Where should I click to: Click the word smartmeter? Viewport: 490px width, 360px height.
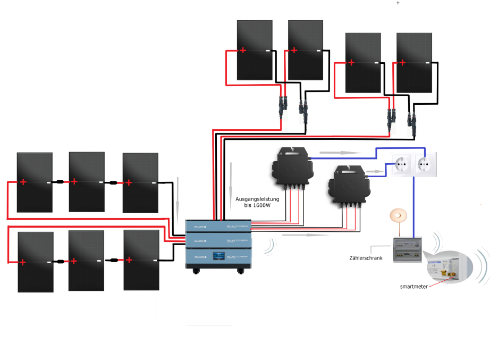coord(413,287)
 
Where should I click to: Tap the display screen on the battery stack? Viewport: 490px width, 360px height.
coord(219,256)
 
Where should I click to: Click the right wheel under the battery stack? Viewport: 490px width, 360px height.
coord(242,271)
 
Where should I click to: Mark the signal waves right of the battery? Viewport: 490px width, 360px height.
coord(271,246)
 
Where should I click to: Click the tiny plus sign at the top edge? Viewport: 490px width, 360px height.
coord(398,3)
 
